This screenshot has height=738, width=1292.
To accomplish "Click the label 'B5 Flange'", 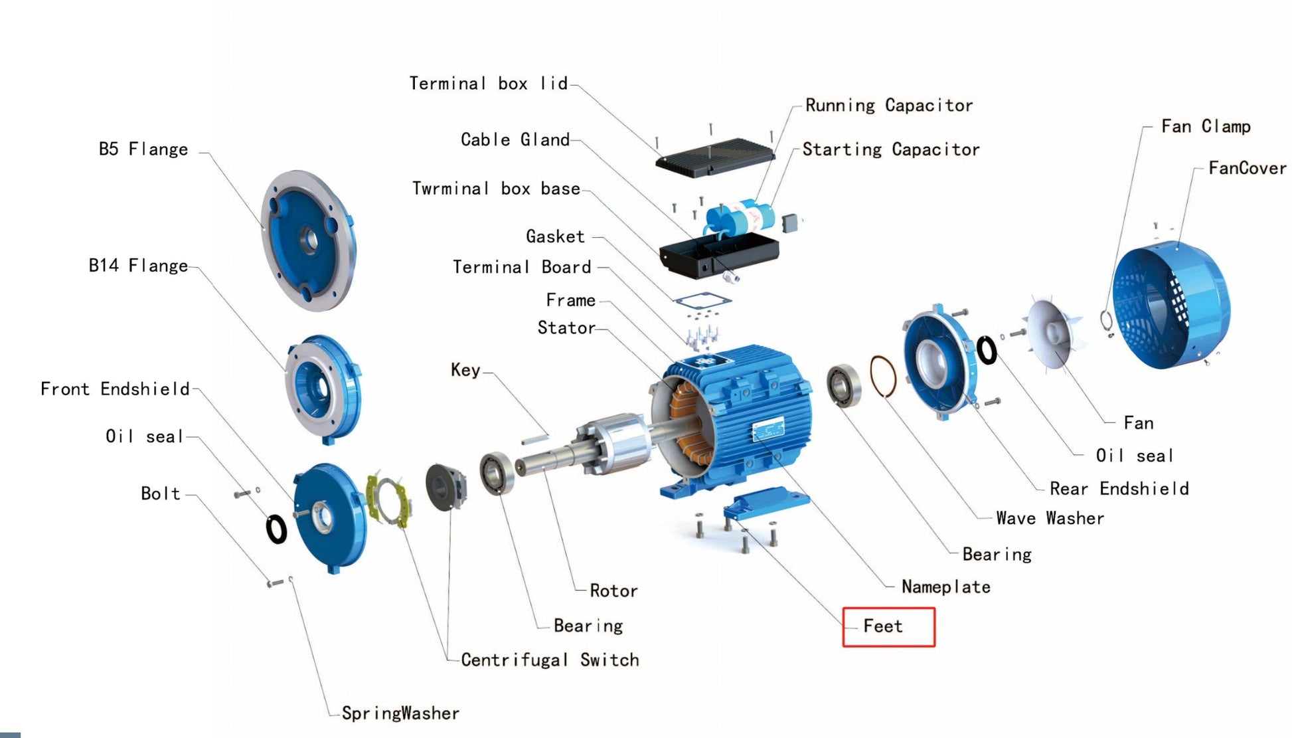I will (143, 149).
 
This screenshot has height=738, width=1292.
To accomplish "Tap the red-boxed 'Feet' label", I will (883, 626).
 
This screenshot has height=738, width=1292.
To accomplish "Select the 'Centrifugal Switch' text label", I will (550, 660).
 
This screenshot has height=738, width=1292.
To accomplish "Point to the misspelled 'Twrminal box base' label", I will (496, 189).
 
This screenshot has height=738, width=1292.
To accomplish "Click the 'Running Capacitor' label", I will (889, 106).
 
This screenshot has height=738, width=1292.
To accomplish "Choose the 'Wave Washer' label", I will (1050, 518).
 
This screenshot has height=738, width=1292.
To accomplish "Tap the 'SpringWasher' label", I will (400, 713).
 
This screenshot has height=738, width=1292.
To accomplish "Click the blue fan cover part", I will (1172, 306).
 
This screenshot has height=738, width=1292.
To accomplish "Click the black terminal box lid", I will (714, 157).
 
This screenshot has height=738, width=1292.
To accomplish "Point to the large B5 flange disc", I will (308, 240).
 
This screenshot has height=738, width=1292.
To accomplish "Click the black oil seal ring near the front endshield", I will (276, 529).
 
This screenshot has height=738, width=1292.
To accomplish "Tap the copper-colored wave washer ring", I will (882, 377).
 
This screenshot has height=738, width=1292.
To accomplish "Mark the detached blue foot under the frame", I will (765, 503).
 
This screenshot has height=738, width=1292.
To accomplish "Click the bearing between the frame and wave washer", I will (843, 386).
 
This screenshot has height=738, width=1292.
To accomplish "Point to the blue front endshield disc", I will (330, 517).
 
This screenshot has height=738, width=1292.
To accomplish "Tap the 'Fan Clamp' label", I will (1205, 126).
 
